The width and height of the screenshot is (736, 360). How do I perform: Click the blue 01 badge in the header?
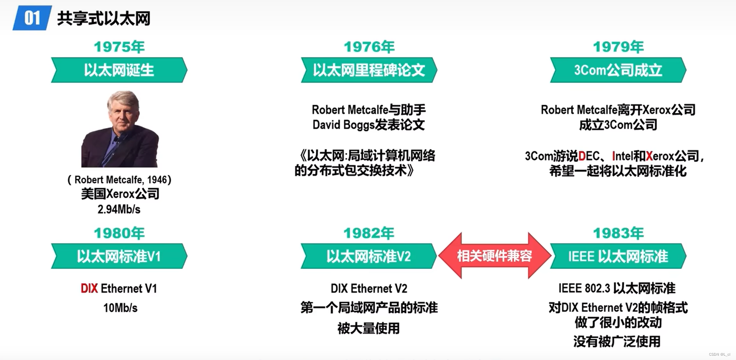pos(32,18)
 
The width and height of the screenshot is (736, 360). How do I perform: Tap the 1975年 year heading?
pos(119,47)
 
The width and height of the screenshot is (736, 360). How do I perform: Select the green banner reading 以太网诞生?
pos(119,70)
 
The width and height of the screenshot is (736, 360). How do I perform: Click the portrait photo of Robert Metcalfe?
pos(120,129)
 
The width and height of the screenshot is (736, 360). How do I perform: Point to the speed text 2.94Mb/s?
pos(119,209)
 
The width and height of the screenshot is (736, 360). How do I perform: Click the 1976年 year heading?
pos(369,47)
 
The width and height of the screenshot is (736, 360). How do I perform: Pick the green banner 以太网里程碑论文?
pos(369,70)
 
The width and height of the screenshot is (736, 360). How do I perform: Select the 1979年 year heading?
pos(618,47)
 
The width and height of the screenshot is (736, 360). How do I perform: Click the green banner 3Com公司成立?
pos(618,70)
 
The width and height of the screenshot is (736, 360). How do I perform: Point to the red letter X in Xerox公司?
pos(649,156)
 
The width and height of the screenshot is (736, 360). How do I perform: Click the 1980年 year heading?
pos(119,233)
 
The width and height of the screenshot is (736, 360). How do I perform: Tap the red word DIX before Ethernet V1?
pos(89,289)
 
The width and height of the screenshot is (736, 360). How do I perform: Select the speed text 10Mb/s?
pos(120,308)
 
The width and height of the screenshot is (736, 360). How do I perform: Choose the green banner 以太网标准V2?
pos(369,256)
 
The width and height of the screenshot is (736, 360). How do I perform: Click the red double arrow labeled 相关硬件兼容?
pos(494,256)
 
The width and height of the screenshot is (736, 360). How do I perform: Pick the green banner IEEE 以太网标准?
pos(618,256)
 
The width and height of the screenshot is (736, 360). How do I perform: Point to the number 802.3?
pos(597,289)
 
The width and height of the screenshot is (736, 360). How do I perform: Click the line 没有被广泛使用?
pos(617,342)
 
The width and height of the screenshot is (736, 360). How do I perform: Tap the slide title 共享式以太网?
pos(104,18)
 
